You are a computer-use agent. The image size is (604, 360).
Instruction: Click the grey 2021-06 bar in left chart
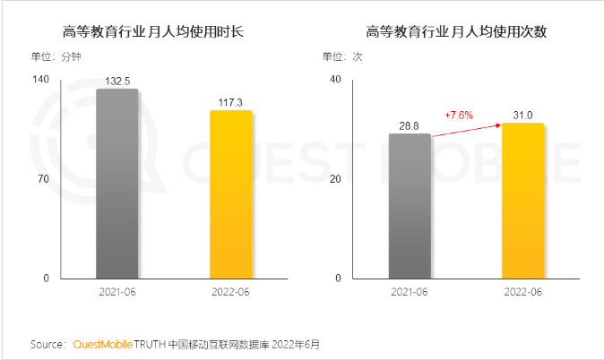(116, 184)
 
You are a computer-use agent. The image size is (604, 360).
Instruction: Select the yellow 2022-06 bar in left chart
(230, 194)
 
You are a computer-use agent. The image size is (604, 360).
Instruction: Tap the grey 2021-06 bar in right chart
(410, 206)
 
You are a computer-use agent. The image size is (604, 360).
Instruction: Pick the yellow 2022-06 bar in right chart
(522, 201)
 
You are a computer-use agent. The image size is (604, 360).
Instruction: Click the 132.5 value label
(116, 81)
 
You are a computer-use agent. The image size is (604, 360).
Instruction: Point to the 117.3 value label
(230, 102)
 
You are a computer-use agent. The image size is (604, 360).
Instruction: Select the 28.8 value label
(410, 126)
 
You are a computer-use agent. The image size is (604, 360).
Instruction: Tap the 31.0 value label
(522, 116)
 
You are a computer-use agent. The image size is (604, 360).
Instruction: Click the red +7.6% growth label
(459, 115)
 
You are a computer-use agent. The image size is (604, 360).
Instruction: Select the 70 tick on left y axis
(42, 179)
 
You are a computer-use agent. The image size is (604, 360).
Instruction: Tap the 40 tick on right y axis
(335, 79)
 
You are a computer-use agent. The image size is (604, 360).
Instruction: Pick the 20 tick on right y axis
(335, 179)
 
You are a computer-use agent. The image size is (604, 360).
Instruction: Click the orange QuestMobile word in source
(101, 344)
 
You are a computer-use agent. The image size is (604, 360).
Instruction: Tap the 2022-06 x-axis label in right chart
(522, 292)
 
